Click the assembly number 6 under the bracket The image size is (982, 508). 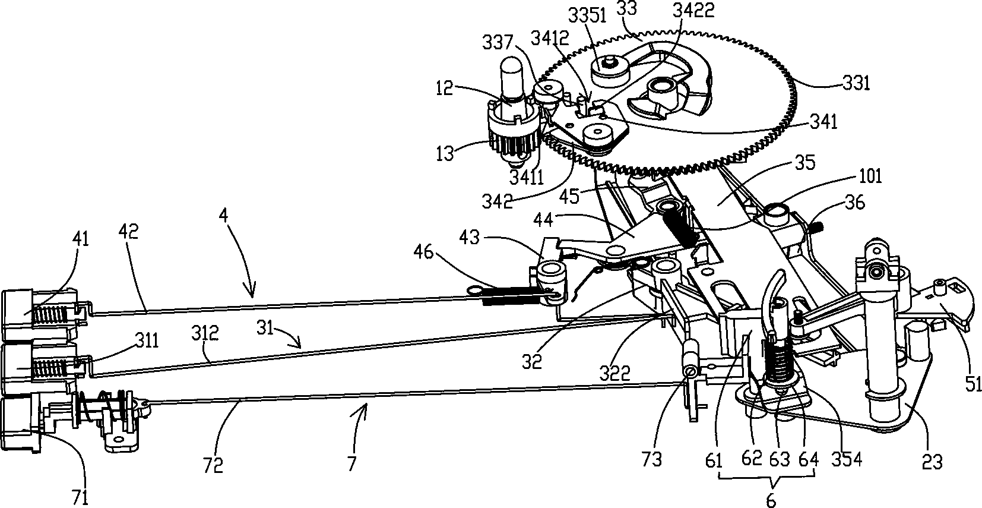click(x=771, y=500)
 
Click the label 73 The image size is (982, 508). click(x=652, y=459)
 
